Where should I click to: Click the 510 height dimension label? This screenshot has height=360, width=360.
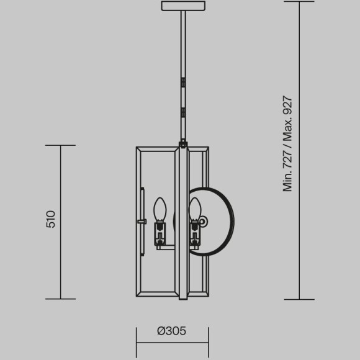(51, 219)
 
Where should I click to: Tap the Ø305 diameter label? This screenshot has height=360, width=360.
(171, 331)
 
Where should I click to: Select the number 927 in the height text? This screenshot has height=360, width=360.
(287, 105)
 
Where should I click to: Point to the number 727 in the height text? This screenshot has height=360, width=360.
(287, 160)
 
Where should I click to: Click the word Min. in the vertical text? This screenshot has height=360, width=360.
(287, 182)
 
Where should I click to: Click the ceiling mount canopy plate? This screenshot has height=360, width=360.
(183, 6)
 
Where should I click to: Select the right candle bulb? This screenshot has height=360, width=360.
(195, 209)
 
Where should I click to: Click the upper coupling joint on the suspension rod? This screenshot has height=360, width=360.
(183, 83)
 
